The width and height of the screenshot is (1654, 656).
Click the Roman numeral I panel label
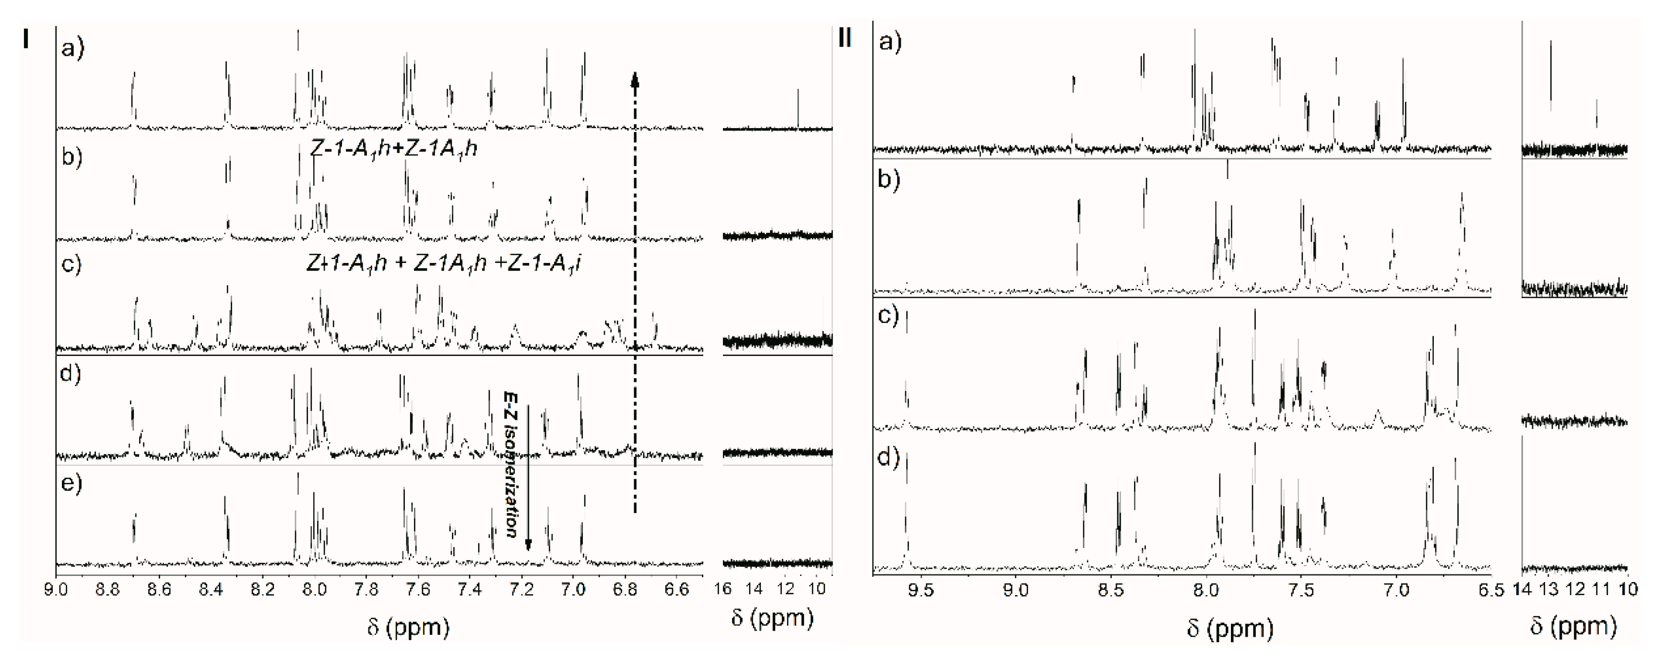pos(26,39)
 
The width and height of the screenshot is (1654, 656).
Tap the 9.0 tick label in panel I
pos(57,589)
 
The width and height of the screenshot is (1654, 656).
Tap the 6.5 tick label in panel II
pos(1491,589)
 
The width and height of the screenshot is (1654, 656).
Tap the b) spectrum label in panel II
pos(889,179)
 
